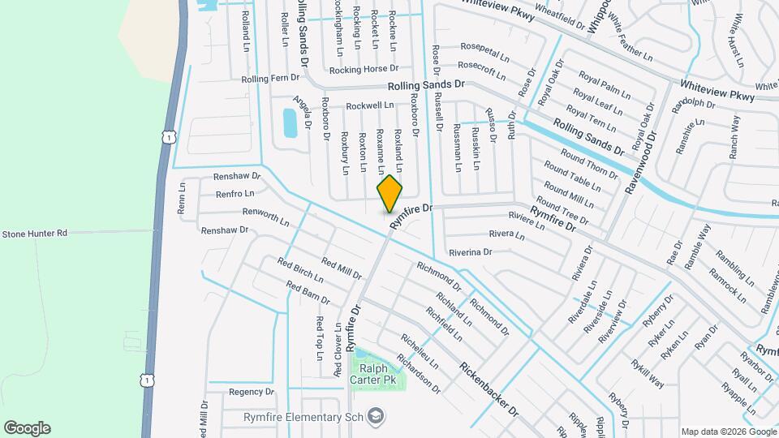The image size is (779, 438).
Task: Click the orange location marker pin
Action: coord(390,193)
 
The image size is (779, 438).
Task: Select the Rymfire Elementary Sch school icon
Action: coord(377,417)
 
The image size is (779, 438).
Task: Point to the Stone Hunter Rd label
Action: coord(34,234)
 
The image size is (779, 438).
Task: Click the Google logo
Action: coord(27,428)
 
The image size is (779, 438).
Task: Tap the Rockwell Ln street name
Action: coord(369,105)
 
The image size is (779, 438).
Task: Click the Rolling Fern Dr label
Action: coord(271,79)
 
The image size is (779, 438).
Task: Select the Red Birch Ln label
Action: coord(299,273)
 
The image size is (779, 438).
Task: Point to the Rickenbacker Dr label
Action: coord(488,389)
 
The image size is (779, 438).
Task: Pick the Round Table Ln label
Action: coord(573,178)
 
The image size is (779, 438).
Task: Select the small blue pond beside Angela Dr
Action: coord(290,122)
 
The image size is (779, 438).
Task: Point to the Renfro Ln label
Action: coord(235,194)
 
